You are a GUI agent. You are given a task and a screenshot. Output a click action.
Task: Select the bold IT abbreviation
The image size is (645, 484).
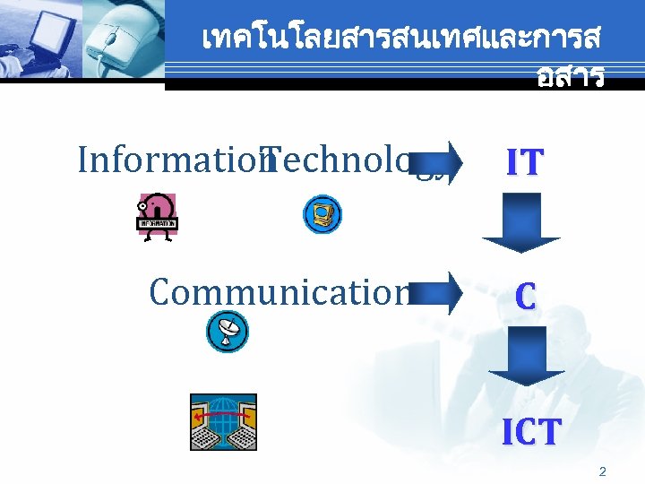[524, 162]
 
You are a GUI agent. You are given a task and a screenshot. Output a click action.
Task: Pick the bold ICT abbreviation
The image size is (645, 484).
[531, 431]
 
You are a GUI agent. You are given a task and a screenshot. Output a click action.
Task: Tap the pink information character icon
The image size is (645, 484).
[158, 216]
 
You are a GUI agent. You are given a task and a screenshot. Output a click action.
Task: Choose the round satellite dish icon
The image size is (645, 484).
[228, 331]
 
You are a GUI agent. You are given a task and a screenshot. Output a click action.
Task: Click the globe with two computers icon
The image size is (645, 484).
[223, 421]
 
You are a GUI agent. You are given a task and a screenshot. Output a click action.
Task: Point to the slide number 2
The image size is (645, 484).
[602, 471]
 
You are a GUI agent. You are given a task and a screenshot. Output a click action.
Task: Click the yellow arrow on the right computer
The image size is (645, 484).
[249, 418]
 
